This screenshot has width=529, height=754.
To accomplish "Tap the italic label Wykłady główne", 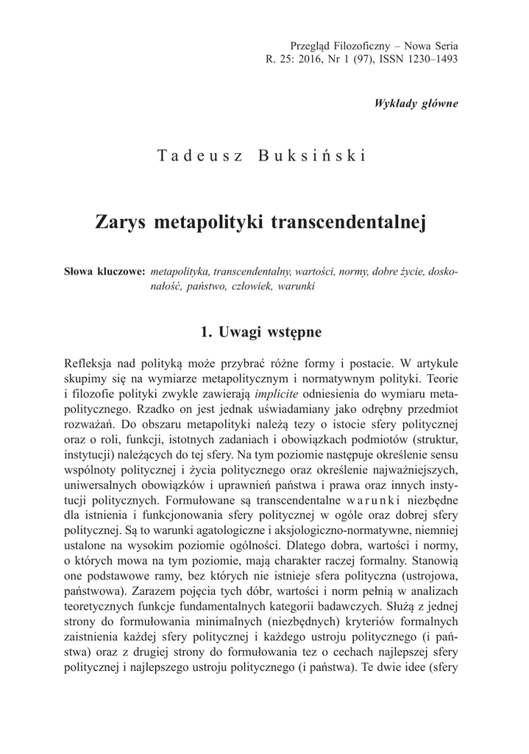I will [416, 102].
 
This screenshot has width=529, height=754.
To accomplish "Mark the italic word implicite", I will [279, 394].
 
